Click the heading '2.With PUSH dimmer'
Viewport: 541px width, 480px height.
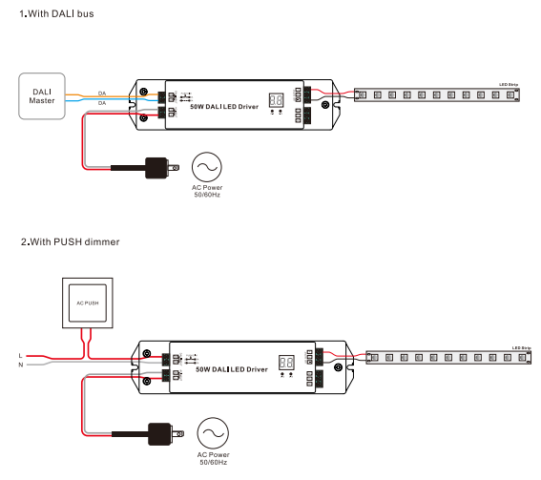pos(58,242)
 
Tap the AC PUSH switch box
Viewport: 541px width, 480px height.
pos(87,303)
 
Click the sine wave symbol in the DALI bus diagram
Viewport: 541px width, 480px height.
pos(205,167)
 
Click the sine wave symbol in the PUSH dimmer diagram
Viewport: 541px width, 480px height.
pos(213,432)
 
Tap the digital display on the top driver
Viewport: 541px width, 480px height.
pos(277,99)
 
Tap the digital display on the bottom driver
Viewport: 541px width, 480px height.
pos(283,364)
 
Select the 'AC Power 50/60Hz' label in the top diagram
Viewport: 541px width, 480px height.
pos(205,192)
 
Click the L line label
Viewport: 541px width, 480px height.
pos(20,355)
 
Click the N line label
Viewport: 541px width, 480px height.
pos(20,365)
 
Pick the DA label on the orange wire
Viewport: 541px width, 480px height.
pos(102,94)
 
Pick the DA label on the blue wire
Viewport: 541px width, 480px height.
pos(102,102)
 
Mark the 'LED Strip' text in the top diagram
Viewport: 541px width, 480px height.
pos(509,84)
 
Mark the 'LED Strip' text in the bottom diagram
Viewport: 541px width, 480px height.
pos(521,347)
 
